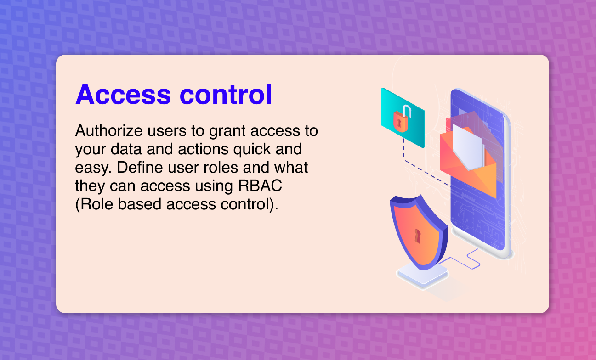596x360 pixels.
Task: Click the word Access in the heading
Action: pos(123,95)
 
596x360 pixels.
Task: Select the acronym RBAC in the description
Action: pos(260,186)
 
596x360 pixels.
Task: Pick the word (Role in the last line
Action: pos(94,204)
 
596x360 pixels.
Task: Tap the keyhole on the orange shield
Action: pos(417,236)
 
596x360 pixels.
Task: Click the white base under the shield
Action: pos(422,277)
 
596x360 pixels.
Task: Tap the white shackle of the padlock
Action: pos(407,111)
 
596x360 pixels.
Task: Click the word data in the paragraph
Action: pos(126,149)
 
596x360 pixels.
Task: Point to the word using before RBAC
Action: pos(214,186)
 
